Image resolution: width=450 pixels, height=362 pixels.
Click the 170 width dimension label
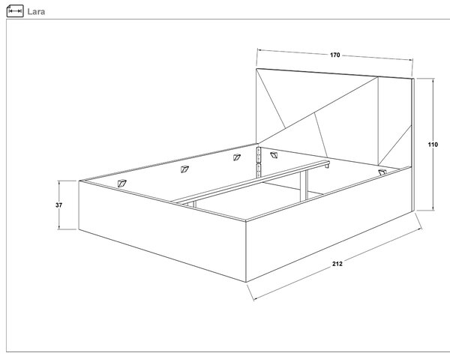pos(335,55)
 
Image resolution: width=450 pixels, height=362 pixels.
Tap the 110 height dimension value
pos(433,145)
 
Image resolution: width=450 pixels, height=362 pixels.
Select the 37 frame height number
pos(58,205)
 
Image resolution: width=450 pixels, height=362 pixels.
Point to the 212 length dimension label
pos(337,264)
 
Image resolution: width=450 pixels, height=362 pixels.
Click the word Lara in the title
pos(36,12)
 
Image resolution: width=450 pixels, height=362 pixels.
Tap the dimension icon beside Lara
pos(15,11)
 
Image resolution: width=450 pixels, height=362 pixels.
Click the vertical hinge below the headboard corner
pos(259,160)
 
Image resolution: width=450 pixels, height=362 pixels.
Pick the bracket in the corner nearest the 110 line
pos(382,172)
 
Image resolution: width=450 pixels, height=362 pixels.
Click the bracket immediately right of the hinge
pos(274,155)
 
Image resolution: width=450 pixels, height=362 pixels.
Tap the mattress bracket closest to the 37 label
pos(121,183)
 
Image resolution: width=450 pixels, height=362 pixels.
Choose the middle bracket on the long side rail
pos(184,169)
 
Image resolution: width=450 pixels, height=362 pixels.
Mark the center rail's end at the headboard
pos(327,164)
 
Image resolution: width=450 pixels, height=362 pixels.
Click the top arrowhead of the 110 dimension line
pos(433,80)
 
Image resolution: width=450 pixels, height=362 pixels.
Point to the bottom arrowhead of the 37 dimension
pos(58,228)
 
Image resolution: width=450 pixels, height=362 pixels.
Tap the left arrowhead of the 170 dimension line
pos(259,50)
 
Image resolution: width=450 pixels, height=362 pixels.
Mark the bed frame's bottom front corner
pos(246,283)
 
